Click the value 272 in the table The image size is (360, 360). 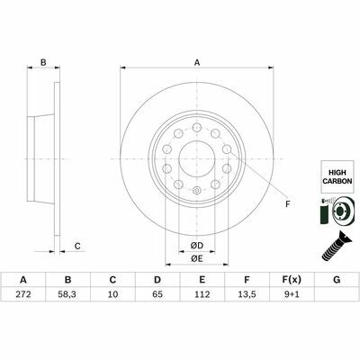pos(23,294)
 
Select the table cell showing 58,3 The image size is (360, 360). pos(68,294)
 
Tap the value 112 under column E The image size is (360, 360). pos(202,294)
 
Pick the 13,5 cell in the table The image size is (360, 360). pos(247,294)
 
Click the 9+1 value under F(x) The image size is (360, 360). pos(292,294)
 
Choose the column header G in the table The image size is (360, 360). pos(337,280)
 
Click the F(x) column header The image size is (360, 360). pos(292,280)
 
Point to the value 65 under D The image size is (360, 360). pos(157,294)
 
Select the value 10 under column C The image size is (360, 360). pos(112,294)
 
